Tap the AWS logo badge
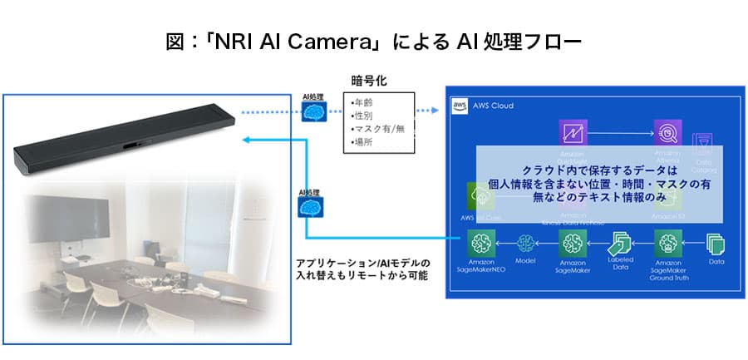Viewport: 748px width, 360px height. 459,106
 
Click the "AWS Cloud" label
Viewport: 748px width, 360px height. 493,106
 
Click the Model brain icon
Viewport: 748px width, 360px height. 525,243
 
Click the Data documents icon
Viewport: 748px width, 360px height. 715,243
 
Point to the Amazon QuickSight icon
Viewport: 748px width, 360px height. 573,133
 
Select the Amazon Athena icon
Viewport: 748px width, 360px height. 667,133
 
